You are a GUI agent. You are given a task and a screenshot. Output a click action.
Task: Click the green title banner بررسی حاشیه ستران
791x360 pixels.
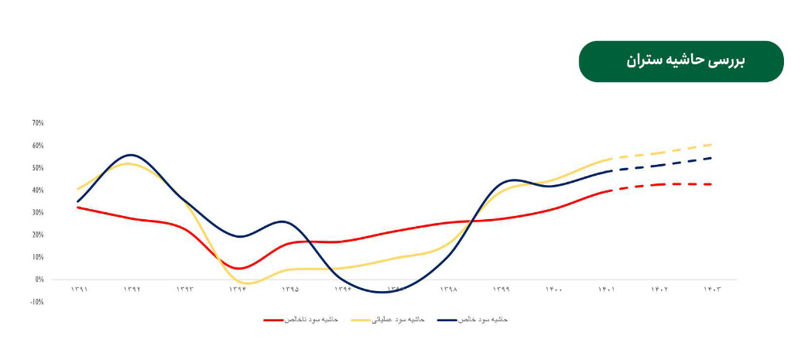pos(681,61)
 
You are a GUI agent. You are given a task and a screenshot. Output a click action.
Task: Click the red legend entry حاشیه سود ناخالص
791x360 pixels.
pos(301,319)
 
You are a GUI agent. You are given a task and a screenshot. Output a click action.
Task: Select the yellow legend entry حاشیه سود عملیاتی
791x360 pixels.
pos(388,319)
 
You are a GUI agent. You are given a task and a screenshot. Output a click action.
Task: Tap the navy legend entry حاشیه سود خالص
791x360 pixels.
pos(472,319)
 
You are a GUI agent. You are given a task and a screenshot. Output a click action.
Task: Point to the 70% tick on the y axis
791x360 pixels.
pos(38,123)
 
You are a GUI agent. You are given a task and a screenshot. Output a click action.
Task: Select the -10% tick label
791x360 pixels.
pos(37,302)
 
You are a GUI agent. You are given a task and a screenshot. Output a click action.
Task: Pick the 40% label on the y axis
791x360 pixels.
pos(38,190)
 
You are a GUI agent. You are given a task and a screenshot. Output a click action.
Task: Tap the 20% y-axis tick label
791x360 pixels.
pos(38,235)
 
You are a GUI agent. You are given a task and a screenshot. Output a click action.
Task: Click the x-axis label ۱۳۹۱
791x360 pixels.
pos(78,290)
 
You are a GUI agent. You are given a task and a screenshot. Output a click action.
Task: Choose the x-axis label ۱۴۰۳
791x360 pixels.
pos(712,290)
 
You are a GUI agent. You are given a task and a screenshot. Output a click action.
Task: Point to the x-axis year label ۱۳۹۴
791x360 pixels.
pos(237,290)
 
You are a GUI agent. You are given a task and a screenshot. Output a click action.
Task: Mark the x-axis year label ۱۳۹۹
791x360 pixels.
pos(501,290)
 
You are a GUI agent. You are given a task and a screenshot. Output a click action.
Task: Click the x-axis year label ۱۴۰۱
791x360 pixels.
pos(606,290)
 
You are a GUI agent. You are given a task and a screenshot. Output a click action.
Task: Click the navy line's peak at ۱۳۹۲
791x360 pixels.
pos(131,155)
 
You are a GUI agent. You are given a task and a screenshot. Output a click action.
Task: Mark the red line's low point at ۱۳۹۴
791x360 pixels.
pos(239,269)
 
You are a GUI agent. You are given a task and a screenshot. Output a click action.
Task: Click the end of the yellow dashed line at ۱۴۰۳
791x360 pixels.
pos(712,144)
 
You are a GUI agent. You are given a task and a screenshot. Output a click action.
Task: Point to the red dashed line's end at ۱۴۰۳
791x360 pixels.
pos(712,184)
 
